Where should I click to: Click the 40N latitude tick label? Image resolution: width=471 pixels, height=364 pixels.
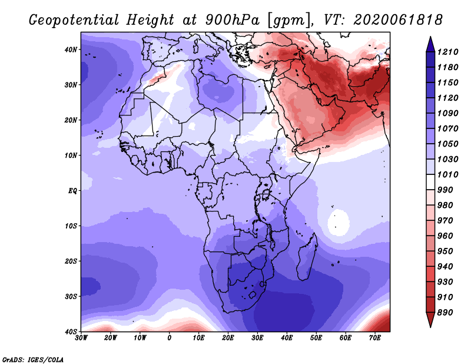click(71, 49)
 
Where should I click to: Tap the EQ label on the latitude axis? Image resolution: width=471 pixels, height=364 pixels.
click(72, 191)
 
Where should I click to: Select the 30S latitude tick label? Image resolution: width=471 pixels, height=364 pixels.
click(71, 296)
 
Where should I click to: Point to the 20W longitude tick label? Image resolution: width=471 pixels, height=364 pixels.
click(110, 338)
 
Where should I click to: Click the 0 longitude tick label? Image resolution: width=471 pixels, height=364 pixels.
click(170, 338)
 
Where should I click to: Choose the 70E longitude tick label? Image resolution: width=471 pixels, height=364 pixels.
click(374, 338)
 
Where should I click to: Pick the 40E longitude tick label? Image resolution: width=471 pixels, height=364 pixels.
click(287, 338)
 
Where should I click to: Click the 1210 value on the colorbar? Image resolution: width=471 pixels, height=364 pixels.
click(447, 52)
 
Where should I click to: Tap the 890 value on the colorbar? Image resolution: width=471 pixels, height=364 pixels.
click(445, 313)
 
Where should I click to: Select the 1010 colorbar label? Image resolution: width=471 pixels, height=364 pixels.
click(447, 174)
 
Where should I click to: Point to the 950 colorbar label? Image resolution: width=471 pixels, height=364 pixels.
click(445, 252)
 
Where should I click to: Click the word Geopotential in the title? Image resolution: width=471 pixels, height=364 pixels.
click(74, 20)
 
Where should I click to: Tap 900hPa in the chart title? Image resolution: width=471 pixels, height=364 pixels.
click(232, 20)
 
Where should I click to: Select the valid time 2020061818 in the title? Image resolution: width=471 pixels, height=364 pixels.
click(398, 20)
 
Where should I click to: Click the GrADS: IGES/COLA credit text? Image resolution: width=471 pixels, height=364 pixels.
click(33, 359)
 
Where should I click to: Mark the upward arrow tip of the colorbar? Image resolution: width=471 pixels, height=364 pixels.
click(430, 37)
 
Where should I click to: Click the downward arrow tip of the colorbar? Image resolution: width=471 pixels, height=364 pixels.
click(430, 327)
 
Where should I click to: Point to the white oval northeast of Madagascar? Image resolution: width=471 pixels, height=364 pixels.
click(339, 223)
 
